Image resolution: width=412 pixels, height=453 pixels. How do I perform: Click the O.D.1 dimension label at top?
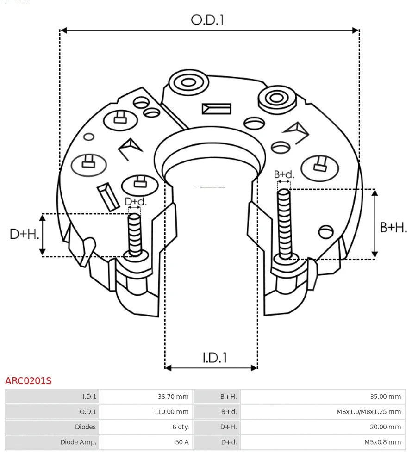coord(207,20)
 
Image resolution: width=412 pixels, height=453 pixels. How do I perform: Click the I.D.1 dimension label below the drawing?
coord(214,357)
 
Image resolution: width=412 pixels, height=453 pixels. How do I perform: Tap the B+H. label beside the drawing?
coord(393,227)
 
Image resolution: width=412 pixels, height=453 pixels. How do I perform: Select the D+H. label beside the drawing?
coord(24,234)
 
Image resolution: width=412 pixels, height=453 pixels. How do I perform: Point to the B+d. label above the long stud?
coord(284,174)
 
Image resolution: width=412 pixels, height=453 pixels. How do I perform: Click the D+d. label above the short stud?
coord(135,202)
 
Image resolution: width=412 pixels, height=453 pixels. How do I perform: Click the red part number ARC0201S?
coord(28,381)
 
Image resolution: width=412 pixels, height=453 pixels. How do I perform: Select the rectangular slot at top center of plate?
coord(216,109)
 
